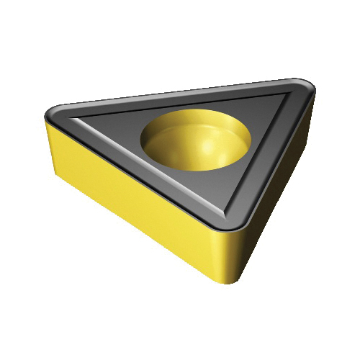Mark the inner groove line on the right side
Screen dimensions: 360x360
click(x=259, y=155)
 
